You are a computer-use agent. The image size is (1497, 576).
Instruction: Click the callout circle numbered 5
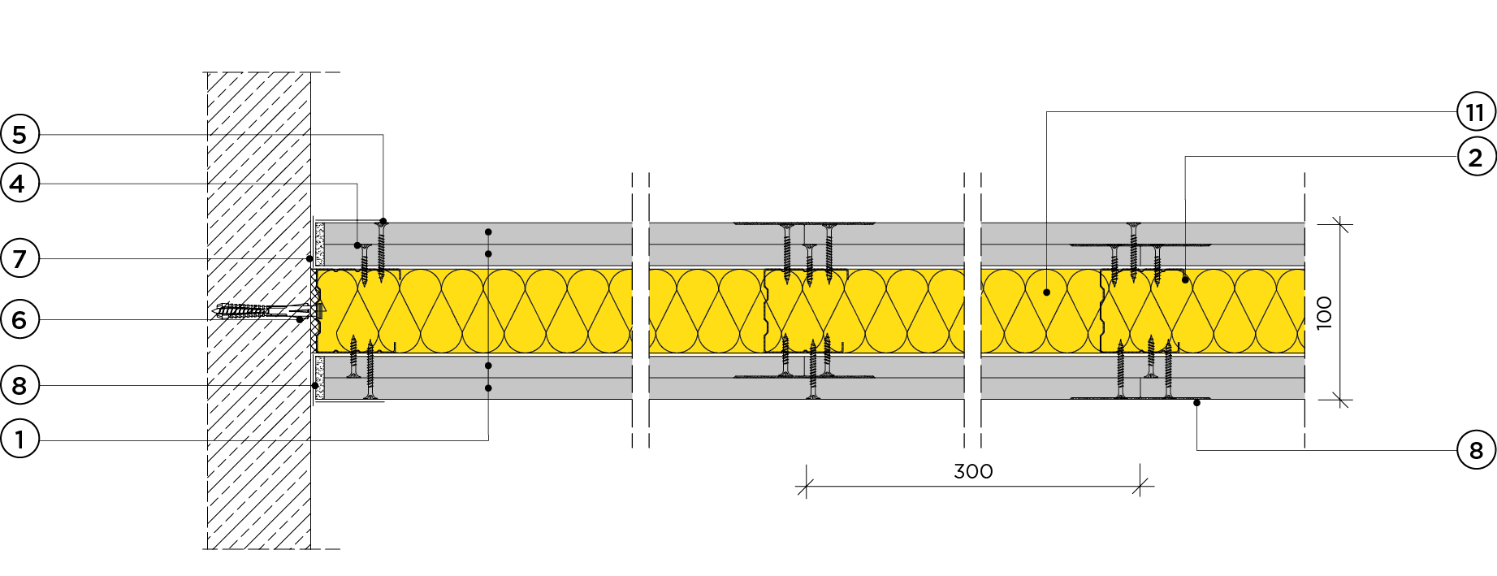[x=19, y=135]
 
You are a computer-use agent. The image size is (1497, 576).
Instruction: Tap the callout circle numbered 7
[x=19, y=259]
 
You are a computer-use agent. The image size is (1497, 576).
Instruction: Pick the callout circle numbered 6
[x=19, y=320]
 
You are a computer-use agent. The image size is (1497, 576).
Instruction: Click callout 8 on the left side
[x=19, y=386]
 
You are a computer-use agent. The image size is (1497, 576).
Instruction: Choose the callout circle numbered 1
[x=19, y=440]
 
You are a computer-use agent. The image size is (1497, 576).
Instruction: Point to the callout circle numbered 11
[x=1476, y=112]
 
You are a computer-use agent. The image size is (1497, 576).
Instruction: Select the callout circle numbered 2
[x=1476, y=157]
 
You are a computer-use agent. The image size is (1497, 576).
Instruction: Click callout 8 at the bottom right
[x=1476, y=450]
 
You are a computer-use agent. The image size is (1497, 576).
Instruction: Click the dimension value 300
[x=973, y=471]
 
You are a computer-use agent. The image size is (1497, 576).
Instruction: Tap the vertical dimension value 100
[x=1324, y=312]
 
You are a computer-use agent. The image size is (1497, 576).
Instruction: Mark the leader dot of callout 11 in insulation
[x=1046, y=292]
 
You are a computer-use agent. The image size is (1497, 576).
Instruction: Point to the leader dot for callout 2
[x=1185, y=279]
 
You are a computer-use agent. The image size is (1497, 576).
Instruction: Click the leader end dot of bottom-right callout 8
[x=1196, y=403]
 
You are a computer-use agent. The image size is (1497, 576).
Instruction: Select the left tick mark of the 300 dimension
[x=806, y=487]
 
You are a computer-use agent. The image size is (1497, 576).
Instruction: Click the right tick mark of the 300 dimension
[x=1140, y=487]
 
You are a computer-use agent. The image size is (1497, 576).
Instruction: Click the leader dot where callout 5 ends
[x=383, y=221]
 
